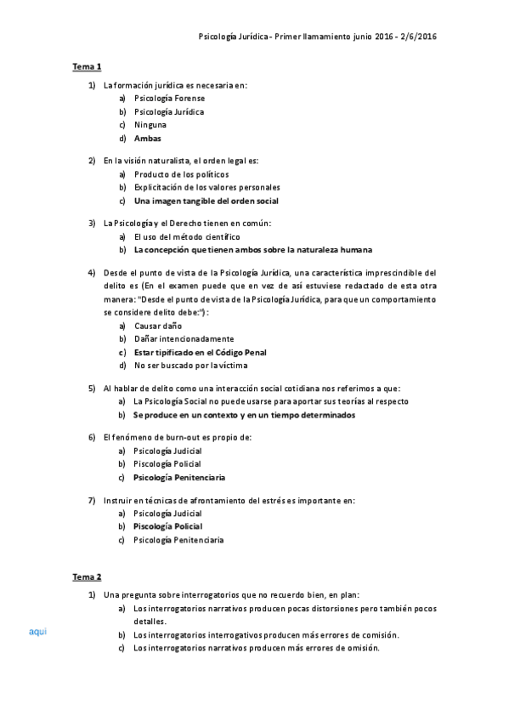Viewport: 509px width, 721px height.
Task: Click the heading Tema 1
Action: click(x=87, y=66)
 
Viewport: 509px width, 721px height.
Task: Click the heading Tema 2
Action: click(x=87, y=576)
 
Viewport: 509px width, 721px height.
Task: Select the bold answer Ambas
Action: click(x=147, y=138)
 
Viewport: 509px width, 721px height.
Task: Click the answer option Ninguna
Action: click(x=150, y=125)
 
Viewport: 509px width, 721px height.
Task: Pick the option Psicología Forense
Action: click(x=169, y=99)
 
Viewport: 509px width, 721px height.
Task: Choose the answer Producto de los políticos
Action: click(x=181, y=174)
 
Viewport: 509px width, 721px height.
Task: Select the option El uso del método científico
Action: click(x=187, y=236)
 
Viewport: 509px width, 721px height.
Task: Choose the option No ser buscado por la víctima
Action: click(x=190, y=365)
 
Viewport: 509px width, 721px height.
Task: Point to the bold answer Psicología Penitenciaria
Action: click(x=179, y=477)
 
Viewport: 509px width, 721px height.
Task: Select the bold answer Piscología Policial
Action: click(x=167, y=526)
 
